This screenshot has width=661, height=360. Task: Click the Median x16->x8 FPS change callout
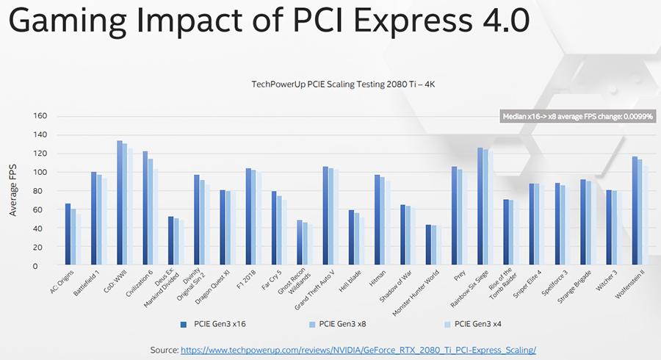pos(578,116)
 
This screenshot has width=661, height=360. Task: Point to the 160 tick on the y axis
pos(40,116)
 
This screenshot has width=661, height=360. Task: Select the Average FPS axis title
pos(13,190)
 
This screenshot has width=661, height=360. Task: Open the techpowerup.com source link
pos(358,349)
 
